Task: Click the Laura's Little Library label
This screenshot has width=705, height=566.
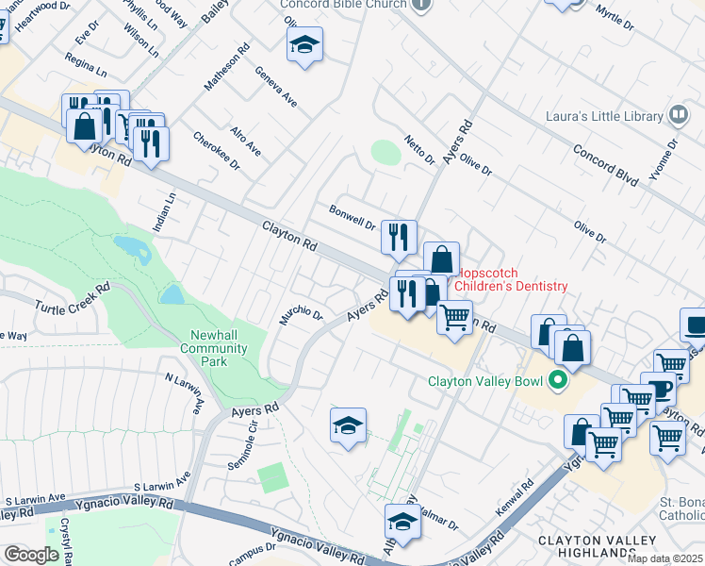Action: point(605,117)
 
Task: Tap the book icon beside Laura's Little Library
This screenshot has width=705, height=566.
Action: point(678,116)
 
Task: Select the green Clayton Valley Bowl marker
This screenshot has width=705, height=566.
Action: point(557,382)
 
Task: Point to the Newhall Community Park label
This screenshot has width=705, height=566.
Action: point(219,348)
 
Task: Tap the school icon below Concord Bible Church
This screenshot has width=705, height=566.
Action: point(304,44)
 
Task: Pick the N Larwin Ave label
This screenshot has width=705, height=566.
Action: point(185,392)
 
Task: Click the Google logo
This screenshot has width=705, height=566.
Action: point(31,554)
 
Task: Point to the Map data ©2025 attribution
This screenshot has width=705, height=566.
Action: point(665,558)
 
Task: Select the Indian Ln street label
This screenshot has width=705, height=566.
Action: point(164,213)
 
